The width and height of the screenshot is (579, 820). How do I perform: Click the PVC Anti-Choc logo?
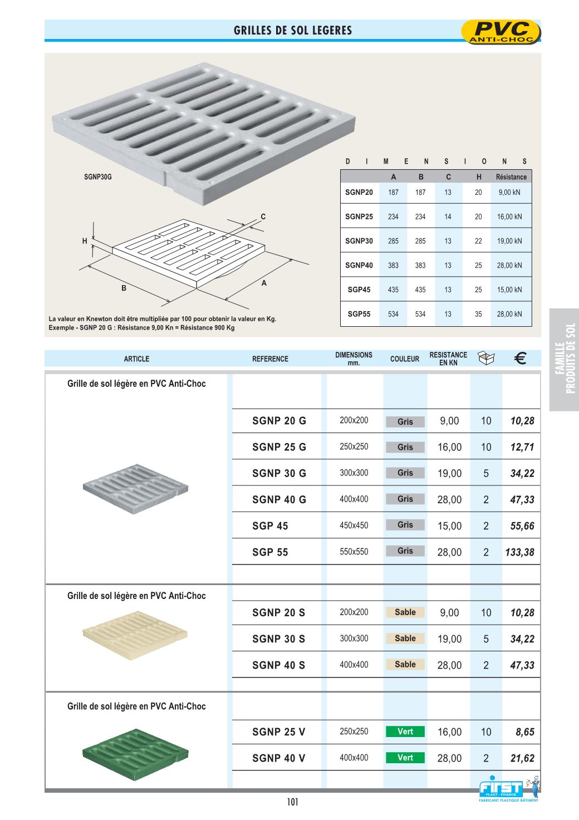point(501,32)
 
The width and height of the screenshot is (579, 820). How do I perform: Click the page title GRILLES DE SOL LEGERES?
point(293,31)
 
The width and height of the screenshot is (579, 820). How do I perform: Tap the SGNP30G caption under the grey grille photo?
point(98,177)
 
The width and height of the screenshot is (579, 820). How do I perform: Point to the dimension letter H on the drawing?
point(85,241)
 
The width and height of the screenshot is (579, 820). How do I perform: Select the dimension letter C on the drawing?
point(263,216)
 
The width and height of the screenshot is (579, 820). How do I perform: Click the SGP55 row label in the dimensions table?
point(359,314)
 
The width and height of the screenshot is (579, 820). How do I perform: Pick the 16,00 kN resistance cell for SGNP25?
point(509,217)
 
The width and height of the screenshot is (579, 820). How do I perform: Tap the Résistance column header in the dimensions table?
point(511,177)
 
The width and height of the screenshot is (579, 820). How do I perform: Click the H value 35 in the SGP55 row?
point(478,314)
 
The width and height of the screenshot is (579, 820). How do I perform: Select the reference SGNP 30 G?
point(279,473)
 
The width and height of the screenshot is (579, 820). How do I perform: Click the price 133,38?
point(520,552)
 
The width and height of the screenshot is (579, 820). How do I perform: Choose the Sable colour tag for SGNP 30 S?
point(405,639)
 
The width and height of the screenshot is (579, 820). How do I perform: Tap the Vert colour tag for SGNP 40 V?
point(405,758)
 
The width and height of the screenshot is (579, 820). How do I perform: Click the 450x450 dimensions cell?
point(354,526)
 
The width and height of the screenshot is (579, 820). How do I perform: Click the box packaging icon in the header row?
point(486,359)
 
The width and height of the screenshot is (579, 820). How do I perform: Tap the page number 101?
point(293,802)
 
